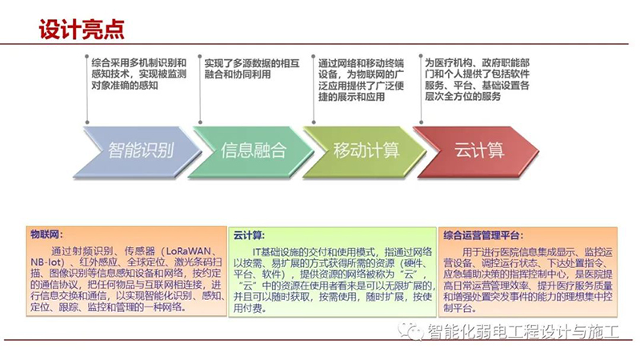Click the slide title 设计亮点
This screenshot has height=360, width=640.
click(x=82, y=29)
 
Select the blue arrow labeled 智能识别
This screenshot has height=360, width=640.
click(x=138, y=152)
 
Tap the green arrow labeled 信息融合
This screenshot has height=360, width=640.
click(x=250, y=152)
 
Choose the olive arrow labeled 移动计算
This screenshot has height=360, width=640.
click(x=363, y=152)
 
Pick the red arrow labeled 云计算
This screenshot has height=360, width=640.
click(x=476, y=152)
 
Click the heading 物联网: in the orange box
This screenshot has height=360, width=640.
click(x=46, y=234)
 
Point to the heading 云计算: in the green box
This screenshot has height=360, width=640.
click(x=249, y=235)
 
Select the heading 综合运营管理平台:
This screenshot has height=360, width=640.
click(x=483, y=235)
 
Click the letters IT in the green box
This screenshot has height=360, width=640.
click(x=257, y=252)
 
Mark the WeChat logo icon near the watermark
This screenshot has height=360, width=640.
click(x=410, y=331)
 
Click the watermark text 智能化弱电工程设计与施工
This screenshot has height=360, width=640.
click(x=523, y=331)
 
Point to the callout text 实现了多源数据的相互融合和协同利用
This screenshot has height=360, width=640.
click(x=252, y=69)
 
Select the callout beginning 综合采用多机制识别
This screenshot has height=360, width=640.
click(x=138, y=74)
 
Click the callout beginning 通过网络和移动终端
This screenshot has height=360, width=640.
click(x=362, y=79)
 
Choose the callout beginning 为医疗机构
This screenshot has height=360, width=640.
click(x=477, y=79)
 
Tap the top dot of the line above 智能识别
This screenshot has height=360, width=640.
click(x=87, y=56)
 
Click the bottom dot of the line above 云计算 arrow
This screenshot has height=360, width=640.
click(x=422, y=122)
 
